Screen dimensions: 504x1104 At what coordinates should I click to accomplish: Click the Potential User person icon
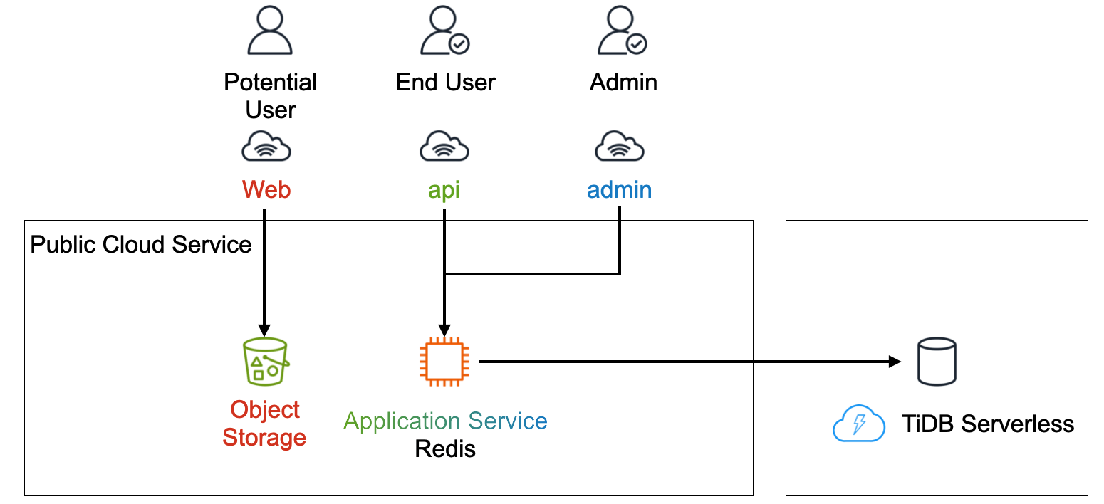tap(271, 32)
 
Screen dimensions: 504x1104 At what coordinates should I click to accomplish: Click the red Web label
tap(266, 190)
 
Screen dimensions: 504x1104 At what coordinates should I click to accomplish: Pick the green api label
tap(444, 191)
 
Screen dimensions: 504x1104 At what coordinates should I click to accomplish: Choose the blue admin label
tap(619, 190)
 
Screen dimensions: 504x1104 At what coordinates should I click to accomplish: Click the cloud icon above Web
tap(266, 147)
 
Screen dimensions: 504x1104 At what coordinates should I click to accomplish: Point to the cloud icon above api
tap(444, 147)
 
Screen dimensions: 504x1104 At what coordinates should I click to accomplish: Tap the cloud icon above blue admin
tap(620, 147)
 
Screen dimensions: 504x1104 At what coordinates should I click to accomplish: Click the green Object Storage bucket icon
tap(265, 362)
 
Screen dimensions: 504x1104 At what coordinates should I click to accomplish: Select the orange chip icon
tap(444, 362)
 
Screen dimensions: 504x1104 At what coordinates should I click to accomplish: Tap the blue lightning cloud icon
tap(858, 424)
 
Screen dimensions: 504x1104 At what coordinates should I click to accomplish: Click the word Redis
tap(445, 449)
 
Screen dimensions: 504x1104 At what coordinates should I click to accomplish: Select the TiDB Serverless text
tap(988, 424)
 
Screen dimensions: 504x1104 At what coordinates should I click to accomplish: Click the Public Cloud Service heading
tap(141, 245)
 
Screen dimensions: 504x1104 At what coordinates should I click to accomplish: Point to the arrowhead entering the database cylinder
tap(895, 362)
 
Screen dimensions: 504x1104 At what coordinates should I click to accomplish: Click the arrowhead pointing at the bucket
tap(264, 330)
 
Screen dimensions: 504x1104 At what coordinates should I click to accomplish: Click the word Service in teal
tap(508, 421)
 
